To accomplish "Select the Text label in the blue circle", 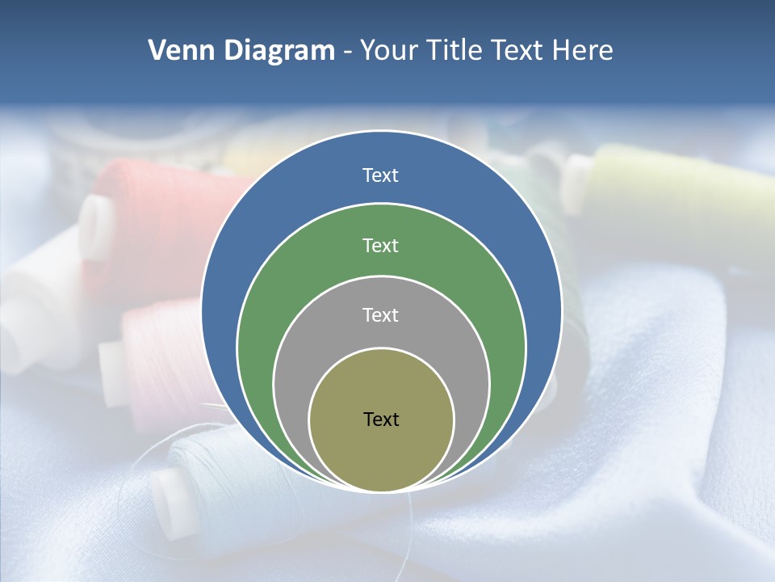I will point(380,175).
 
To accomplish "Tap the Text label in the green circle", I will point(380,245).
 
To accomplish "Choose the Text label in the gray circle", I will point(380,314).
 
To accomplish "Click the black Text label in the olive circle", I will point(381,419).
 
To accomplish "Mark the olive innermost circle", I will point(381,453).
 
